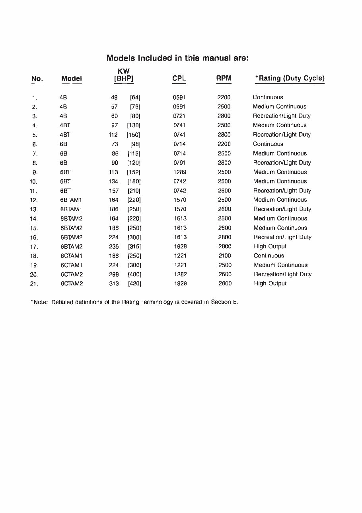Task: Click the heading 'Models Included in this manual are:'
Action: (x=177, y=58)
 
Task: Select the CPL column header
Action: (x=179, y=79)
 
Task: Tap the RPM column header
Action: (x=224, y=79)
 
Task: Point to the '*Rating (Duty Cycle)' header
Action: (x=290, y=79)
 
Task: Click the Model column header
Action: (x=72, y=79)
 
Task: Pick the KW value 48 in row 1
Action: (x=114, y=97)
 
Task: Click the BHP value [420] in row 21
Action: (x=134, y=284)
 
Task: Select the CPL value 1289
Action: (x=180, y=172)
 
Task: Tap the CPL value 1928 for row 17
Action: (x=180, y=247)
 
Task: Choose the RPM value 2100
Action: (x=224, y=256)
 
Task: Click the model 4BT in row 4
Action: (x=64, y=126)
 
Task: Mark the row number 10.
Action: (x=33, y=181)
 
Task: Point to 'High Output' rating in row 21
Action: (x=270, y=284)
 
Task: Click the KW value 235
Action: (x=114, y=247)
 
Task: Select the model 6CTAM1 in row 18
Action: (x=71, y=256)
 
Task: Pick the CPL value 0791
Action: (x=180, y=163)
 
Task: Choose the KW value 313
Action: (x=114, y=284)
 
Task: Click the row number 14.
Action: (x=33, y=219)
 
